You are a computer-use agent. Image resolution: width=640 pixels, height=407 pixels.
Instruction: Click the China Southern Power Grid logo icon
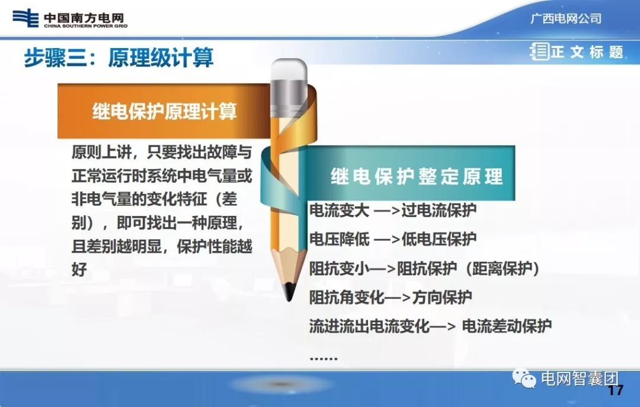click(x=25, y=18)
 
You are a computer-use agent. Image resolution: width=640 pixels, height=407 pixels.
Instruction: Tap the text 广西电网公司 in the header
click(x=565, y=18)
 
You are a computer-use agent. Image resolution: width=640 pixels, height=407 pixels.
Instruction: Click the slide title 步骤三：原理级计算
click(x=119, y=58)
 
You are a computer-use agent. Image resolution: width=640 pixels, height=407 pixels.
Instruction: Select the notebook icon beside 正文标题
click(x=539, y=52)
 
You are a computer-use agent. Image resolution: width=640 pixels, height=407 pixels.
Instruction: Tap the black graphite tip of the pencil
click(x=289, y=291)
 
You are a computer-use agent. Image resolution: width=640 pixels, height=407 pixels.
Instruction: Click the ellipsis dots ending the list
click(x=324, y=358)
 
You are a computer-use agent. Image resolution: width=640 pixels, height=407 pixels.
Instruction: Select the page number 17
click(x=616, y=390)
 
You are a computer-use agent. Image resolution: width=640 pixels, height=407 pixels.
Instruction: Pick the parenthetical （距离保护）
click(x=503, y=269)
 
